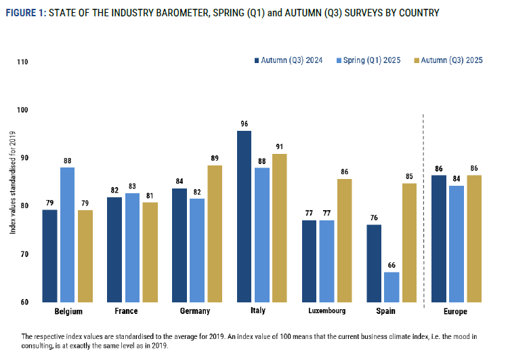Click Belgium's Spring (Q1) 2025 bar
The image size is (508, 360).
point(68,234)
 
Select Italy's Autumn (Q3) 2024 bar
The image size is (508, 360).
point(244,216)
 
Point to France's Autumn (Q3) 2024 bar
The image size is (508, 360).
point(114,249)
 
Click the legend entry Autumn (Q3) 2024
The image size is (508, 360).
point(291,60)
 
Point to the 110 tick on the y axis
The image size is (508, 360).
point(23,62)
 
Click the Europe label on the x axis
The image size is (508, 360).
point(456,311)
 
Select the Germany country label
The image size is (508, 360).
point(196,311)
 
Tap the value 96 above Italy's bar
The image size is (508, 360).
point(244,123)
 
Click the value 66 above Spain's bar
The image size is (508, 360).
point(391,265)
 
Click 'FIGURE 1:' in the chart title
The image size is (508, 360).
point(26,13)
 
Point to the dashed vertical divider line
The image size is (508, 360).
point(423,203)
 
